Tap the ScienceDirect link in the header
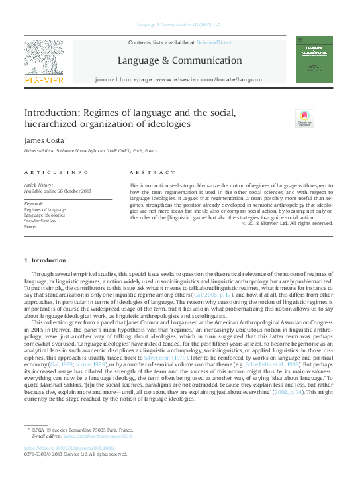click(x=213, y=42)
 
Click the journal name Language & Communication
click(x=180, y=60)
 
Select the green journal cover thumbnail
click(x=314, y=60)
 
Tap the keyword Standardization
click(x=40, y=221)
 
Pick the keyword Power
click(x=31, y=226)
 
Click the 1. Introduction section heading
click(x=45, y=260)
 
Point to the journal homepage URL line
click(x=180, y=78)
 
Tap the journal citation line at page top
click(x=180, y=25)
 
